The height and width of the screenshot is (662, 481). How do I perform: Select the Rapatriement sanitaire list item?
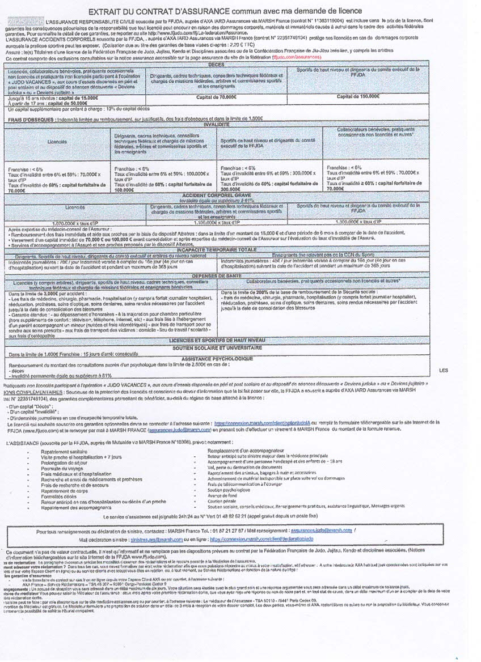click(x=63, y=451)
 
